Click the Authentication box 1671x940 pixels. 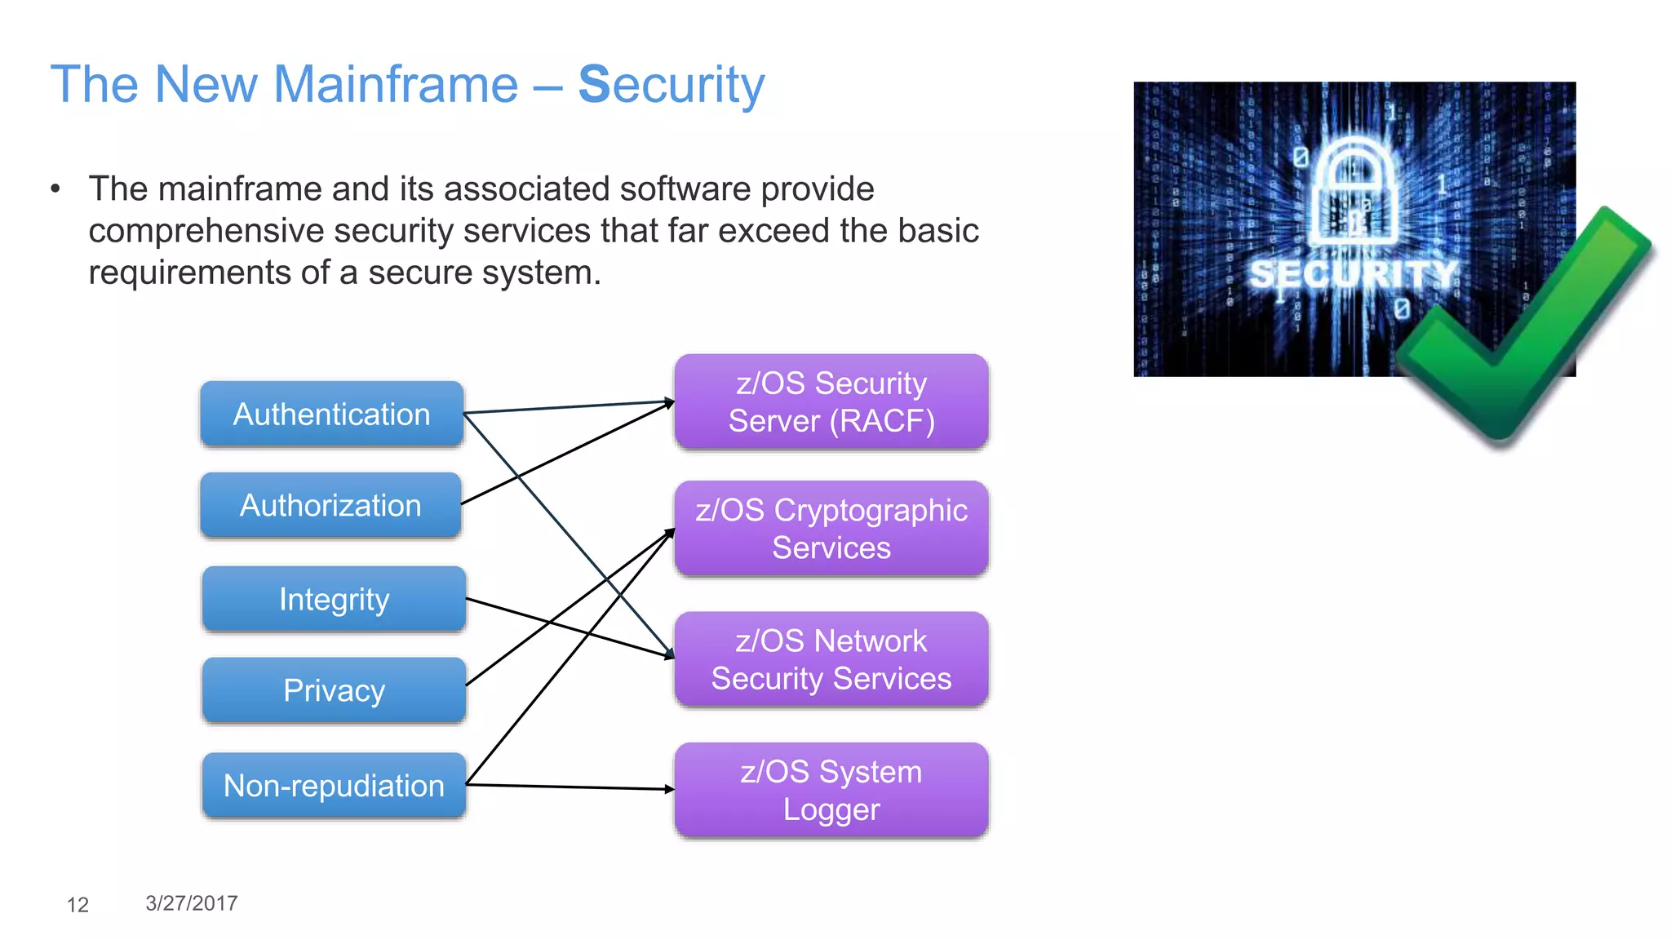pos(331,414)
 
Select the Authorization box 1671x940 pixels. pos(330,505)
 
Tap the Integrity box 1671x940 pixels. pos(334,599)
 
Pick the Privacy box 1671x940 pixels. pos(334,690)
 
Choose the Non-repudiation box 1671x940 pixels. pos(334,785)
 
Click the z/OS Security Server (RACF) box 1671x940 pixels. pos(831,401)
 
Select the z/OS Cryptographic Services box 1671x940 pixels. pos(831,529)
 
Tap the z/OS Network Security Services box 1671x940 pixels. pos(831,659)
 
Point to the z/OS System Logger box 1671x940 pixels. pos(831,790)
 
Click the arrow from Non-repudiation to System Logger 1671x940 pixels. pos(571,787)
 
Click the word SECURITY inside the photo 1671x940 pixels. pos(1353,274)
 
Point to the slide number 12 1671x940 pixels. pos(78,904)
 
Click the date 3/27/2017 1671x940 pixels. pos(192,902)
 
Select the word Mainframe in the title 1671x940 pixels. pos(395,84)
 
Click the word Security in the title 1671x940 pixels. pos(671,84)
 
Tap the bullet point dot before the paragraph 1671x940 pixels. pos(55,189)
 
